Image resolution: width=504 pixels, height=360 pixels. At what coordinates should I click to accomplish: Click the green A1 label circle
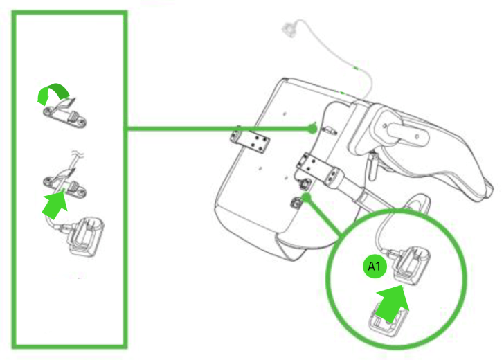[x=374, y=266]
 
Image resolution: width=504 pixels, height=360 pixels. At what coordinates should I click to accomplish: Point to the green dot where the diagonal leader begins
[x=305, y=198]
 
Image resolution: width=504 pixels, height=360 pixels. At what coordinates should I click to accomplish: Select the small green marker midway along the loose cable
[x=354, y=69]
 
